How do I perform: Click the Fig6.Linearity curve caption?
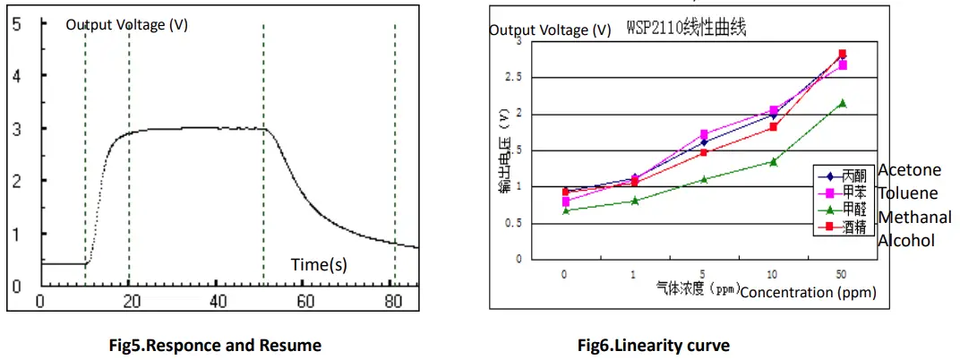pyautogui.click(x=653, y=345)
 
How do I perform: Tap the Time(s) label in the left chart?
pyautogui.click(x=319, y=264)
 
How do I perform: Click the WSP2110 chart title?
pyautogui.click(x=687, y=29)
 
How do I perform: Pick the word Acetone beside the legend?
pyautogui.click(x=909, y=170)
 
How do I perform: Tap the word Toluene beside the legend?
pyautogui.click(x=908, y=193)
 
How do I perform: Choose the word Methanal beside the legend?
pyautogui.click(x=914, y=217)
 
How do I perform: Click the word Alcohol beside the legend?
pyautogui.click(x=906, y=240)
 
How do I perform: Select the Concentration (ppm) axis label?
pyautogui.click(x=809, y=292)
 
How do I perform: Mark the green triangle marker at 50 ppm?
pyautogui.click(x=842, y=103)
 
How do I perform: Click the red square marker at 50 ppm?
pyautogui.click(x=842, y=55)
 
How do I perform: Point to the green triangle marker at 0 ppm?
pyautogui.click(x=564, y=210)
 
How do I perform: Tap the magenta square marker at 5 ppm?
pyautogui.click(x=704, y=134)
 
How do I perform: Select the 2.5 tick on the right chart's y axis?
pyautogui.click(x=510, y=78)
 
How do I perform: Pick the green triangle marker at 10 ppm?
pyautogui.click(x=773, y=161)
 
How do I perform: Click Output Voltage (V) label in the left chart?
pyautogui.click(x=126, y=25)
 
